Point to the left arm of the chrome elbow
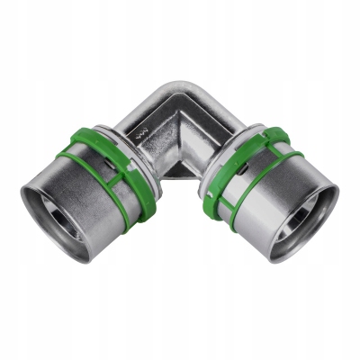click(x=144, y=117)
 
